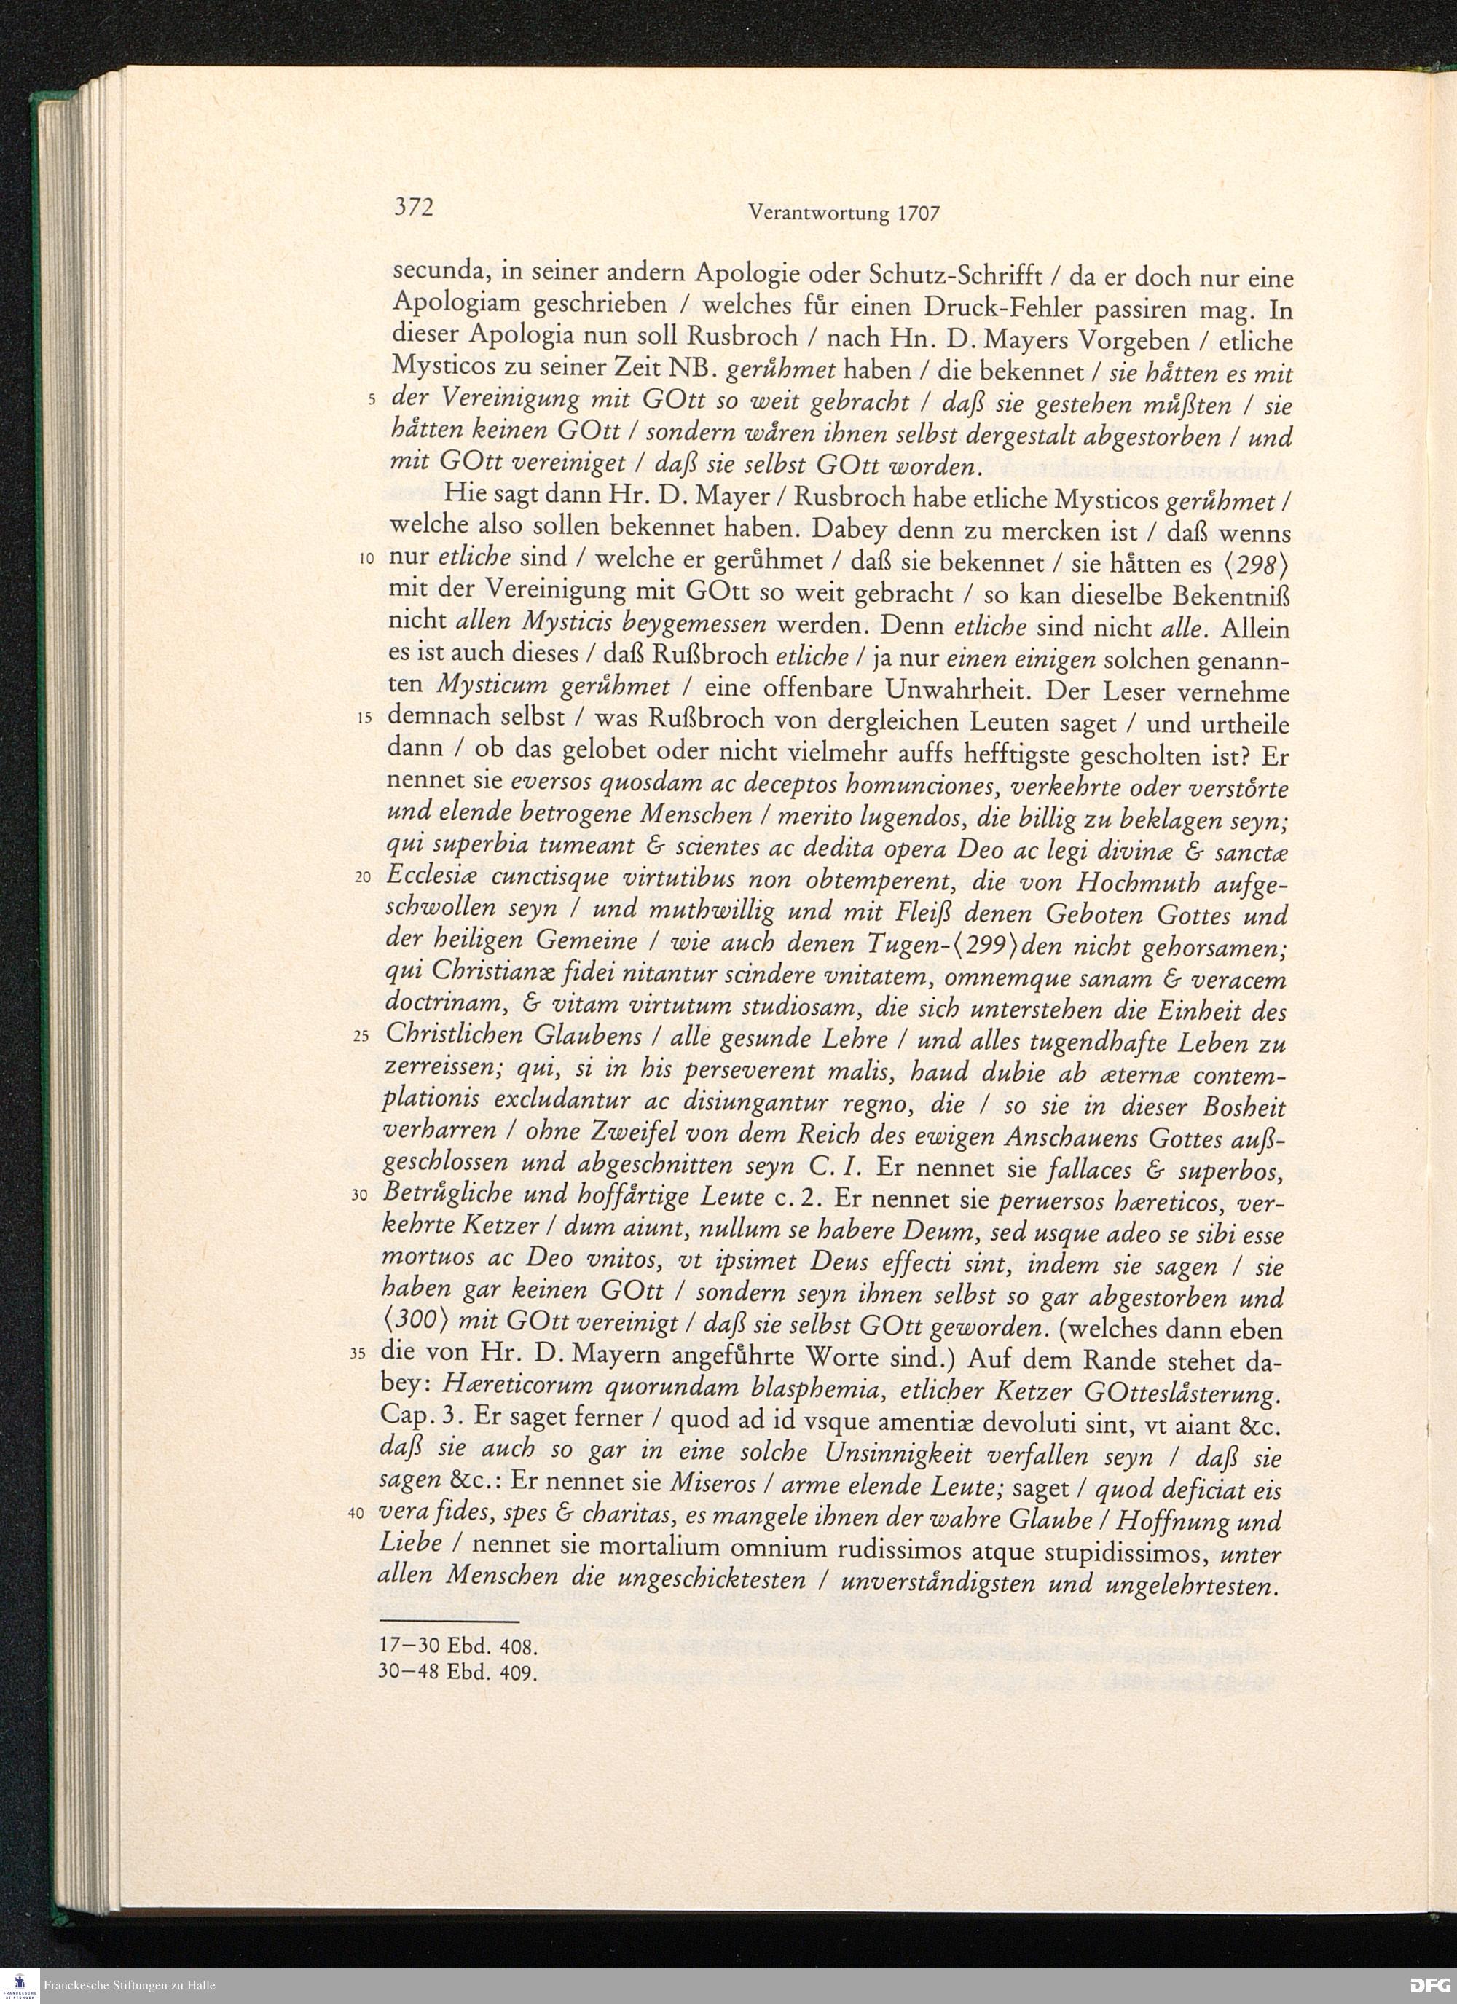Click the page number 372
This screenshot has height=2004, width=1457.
click(412, 208)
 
